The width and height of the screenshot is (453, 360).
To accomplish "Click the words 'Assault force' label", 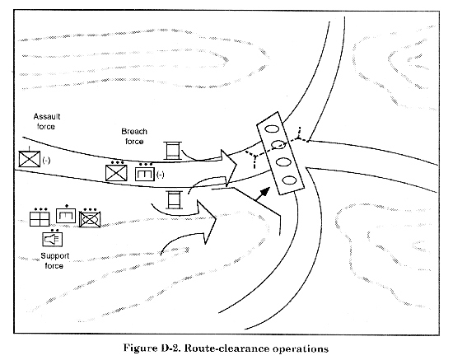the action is coord(46,122).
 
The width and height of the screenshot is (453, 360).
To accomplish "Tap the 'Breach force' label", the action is coord(134,137).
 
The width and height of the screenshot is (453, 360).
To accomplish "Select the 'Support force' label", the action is coord(54,260).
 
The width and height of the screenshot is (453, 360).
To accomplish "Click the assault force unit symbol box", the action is coord(30,159).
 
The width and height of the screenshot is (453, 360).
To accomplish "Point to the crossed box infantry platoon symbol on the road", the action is coord(116,173).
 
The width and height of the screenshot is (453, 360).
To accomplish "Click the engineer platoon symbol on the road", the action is coord(145,174).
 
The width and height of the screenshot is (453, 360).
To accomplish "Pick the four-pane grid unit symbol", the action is coord(40,219).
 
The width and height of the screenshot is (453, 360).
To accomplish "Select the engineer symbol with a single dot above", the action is coord(66,216).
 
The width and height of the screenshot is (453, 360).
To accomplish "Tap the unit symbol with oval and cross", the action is coord(90,220).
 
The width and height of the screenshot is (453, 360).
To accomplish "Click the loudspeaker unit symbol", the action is coord(52,240).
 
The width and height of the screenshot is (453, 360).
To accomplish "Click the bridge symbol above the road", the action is coord(172,151).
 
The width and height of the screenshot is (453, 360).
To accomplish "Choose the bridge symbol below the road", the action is coord(175,199).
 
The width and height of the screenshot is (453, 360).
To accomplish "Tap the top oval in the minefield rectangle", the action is coord(272,129).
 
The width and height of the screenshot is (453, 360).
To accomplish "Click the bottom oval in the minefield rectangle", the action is coord(289,181).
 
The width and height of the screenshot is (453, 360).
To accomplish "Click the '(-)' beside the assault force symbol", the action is coord(46,160).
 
